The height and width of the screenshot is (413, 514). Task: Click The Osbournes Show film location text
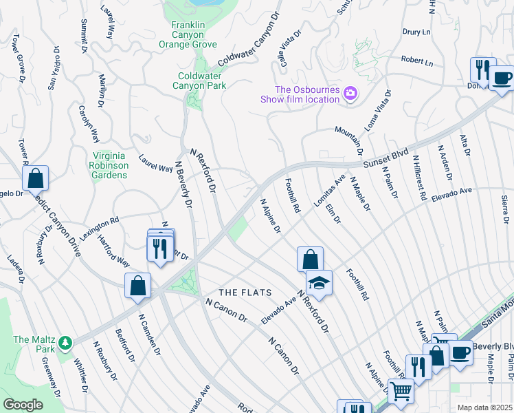tap(300, 94)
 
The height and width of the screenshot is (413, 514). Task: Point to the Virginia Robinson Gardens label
tap(109, 165)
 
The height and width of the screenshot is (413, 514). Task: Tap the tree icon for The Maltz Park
tap(65, 342)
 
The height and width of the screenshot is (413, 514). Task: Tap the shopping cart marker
tap(400, 392)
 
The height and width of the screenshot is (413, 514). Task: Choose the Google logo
tap(23, 405)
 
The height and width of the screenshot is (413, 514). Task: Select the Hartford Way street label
tap(113, 252)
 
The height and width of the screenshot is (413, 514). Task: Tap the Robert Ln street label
tap(417, 62)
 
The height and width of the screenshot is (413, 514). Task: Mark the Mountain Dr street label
tap(349, 140)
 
